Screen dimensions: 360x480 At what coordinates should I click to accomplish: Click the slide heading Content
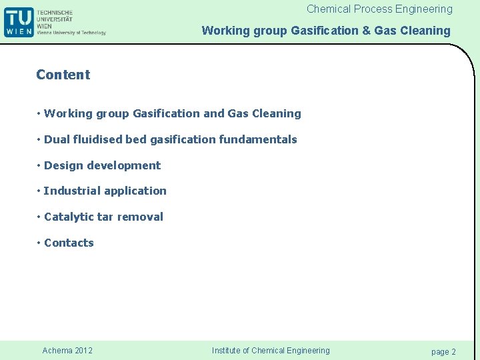[x=63, y=75]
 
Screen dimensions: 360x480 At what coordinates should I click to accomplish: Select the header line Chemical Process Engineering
[x=379, y=9]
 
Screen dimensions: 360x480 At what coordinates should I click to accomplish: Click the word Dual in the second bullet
[x=56, y=139]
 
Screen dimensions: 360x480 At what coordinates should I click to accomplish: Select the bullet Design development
[x=102, y=165]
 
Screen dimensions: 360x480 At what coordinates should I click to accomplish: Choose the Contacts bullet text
[x=69, y=243]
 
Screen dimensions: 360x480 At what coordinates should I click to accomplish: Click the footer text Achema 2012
[x=67, y=351]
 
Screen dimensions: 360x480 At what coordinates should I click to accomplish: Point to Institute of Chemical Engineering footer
[x=271, y=351]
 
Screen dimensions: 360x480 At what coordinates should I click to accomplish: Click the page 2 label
[x=443, y=351]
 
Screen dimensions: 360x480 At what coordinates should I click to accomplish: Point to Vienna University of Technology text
[x=71, y=33]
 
